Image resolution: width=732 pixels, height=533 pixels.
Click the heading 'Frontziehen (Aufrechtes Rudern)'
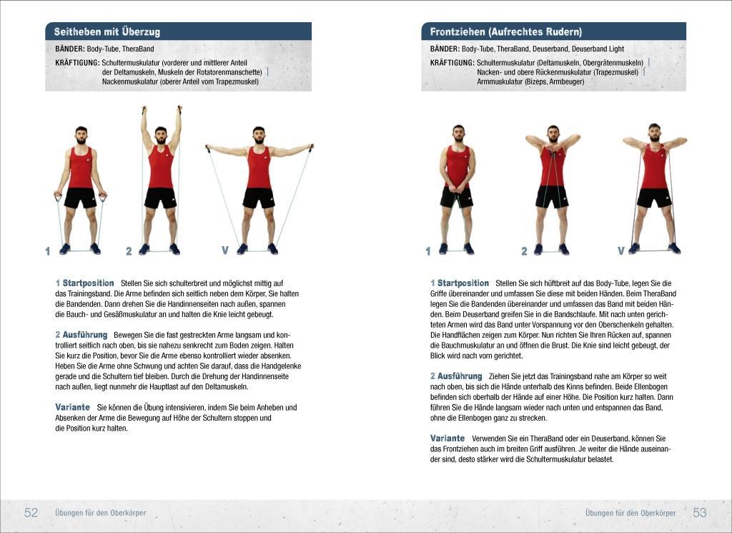point(505,32)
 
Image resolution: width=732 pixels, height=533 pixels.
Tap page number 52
point(31,512)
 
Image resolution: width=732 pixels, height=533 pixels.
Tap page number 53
point(699,512)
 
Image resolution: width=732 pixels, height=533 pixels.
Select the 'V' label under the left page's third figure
point(224,250)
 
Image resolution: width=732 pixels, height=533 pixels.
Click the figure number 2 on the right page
point(524,251)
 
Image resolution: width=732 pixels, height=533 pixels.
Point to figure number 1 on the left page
point(48,251)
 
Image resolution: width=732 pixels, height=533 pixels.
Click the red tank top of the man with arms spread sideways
point(259,168)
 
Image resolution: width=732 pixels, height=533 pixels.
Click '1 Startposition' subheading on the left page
point(84,283)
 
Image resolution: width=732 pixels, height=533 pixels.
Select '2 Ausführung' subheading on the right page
point(456,376)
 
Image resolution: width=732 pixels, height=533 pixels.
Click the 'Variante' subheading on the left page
point(72,407)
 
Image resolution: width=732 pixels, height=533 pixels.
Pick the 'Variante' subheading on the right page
point(447,438)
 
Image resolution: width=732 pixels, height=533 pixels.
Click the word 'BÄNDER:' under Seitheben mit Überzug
point(70,49)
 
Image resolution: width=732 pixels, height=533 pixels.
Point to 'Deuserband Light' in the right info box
point(598,49)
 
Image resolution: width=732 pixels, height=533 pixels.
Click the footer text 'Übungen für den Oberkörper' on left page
point(100,513)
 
